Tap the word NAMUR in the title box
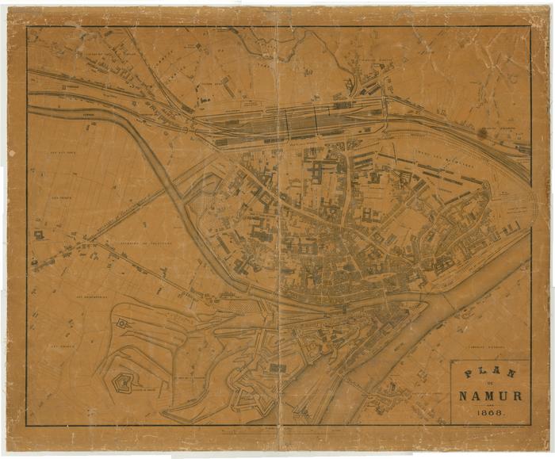[489, 396]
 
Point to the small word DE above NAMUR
[489, 384]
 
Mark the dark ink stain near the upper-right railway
[482, 133]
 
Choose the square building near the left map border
[38, 235]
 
